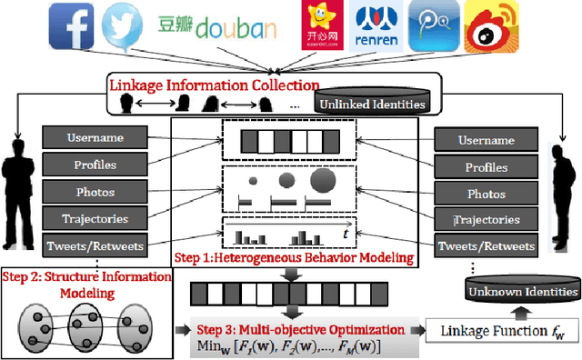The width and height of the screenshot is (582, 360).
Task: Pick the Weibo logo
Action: [x=492, y=27]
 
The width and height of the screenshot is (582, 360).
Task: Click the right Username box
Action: [x=486, y=141]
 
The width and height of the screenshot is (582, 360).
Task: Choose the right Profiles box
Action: [x=486, y=167]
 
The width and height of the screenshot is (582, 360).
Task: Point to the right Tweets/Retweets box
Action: [x=486, y=246]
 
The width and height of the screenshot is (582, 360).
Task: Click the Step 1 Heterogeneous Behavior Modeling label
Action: [x=330, y=258]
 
